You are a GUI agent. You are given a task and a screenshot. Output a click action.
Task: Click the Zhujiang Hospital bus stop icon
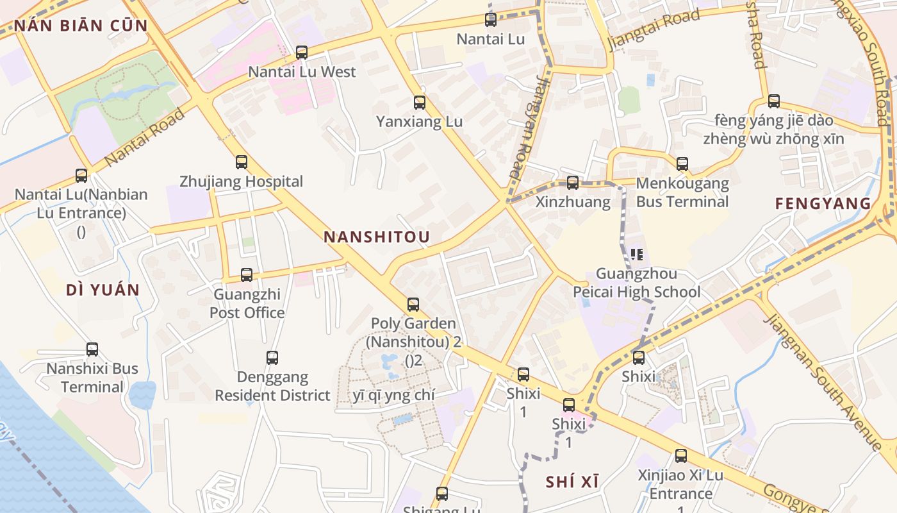(242, 162)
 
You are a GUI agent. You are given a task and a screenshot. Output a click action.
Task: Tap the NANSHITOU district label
(377, 237)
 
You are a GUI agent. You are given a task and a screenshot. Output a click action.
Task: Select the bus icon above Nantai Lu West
(302, 53)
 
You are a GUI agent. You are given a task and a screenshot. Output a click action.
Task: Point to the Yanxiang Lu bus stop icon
(420, 102)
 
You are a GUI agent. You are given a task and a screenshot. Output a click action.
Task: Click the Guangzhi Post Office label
(247, 304)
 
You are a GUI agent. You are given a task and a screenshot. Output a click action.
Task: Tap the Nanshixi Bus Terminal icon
(92, 349)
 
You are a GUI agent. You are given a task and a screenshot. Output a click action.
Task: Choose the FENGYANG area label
(823, 204)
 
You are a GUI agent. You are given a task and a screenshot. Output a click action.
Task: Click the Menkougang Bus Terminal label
(682, 192)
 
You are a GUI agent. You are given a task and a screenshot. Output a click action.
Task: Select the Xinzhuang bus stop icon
(573, 183)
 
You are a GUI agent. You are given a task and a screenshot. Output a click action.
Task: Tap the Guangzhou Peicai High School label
(636, 283)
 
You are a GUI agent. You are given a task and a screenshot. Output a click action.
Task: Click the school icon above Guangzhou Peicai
(637, 255)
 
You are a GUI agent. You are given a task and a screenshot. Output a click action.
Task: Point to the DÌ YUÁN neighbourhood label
(103, 290)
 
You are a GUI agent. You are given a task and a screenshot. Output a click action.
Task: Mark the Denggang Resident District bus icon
(272, 358)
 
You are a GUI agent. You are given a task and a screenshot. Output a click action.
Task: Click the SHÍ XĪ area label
(573, 482)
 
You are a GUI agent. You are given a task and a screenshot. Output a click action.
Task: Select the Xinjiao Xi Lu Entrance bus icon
(681, 456)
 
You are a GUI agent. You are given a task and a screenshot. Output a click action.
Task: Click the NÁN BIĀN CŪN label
(81, 26)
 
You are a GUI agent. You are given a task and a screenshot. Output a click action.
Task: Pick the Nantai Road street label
(145, 137)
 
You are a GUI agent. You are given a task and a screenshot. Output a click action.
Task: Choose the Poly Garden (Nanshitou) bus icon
(413, 305)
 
